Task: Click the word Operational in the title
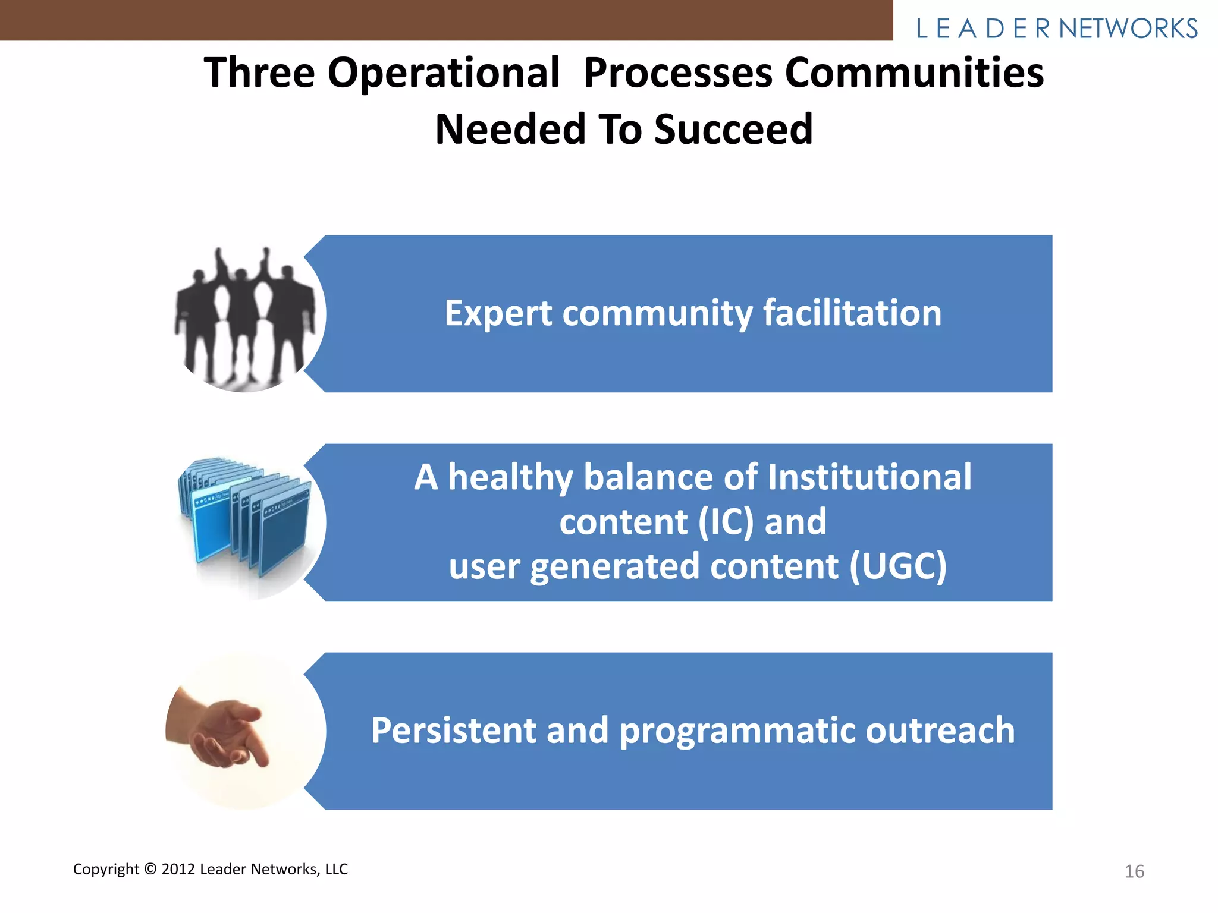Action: (443, 73)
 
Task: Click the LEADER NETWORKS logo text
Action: (1057, 29)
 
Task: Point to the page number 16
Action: (1134, 871)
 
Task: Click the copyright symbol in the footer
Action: (150, 869)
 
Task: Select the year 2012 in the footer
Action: (178, 869)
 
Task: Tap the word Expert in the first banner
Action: (498, 314)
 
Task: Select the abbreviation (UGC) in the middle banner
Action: (897, 566)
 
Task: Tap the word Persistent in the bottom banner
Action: (453, 731)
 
